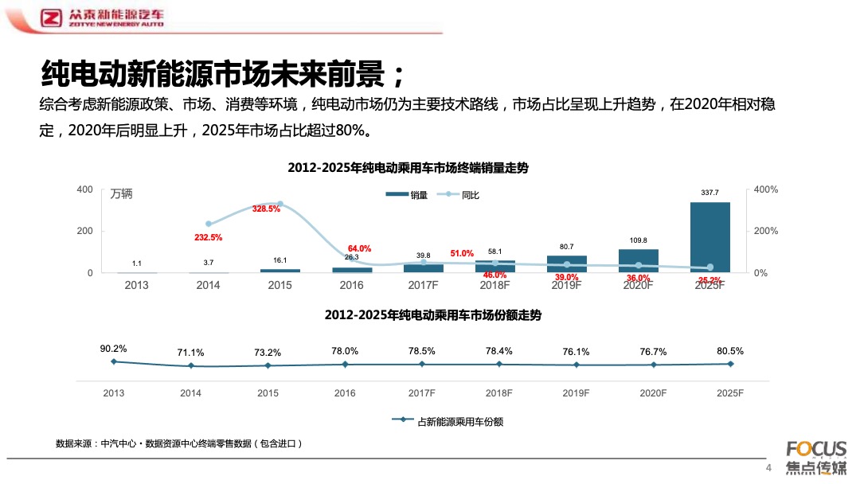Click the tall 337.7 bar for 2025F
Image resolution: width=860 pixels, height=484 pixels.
pos(709,237)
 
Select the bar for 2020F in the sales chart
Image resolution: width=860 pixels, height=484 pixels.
pos(638,261)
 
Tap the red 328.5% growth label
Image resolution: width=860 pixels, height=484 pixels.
pos(266,209)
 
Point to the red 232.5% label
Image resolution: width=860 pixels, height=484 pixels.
pos(208,237)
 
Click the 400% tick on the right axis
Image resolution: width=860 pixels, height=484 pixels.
pos(765,189)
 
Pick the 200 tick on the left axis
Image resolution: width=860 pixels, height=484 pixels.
pos(84,231)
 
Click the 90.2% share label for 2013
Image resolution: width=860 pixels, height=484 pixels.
pos(113,349)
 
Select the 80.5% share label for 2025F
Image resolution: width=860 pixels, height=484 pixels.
pos(730,350)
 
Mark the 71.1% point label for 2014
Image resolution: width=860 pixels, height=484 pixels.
pos(190,353)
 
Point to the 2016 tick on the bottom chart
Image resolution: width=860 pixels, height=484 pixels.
pos(345,393)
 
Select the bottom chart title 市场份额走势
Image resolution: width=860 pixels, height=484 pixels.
pos(432,315)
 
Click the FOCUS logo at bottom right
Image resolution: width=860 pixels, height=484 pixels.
pos(816,448)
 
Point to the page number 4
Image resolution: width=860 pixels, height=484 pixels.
pos(768,467)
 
